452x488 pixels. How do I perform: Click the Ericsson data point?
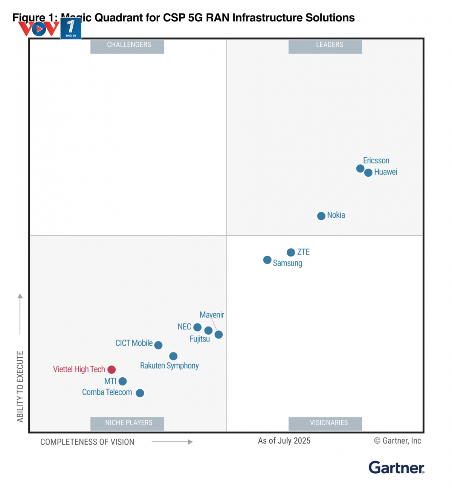360,169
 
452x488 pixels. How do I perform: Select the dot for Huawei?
368,172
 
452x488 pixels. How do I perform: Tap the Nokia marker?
321,216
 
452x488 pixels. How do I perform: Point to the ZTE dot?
291,252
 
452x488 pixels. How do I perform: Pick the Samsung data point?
267,260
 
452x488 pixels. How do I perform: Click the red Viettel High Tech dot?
111,369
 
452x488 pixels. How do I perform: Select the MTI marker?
122,381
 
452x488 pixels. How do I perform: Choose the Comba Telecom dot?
140,393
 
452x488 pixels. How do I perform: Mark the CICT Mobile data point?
159,345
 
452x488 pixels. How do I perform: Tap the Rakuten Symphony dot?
173,356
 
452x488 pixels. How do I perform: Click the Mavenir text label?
212,315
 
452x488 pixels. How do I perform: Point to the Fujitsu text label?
200,339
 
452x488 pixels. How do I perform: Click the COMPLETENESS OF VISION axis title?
87,442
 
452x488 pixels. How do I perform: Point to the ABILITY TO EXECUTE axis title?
20,386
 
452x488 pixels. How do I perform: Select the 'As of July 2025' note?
284,441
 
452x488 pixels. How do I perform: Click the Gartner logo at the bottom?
396,468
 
